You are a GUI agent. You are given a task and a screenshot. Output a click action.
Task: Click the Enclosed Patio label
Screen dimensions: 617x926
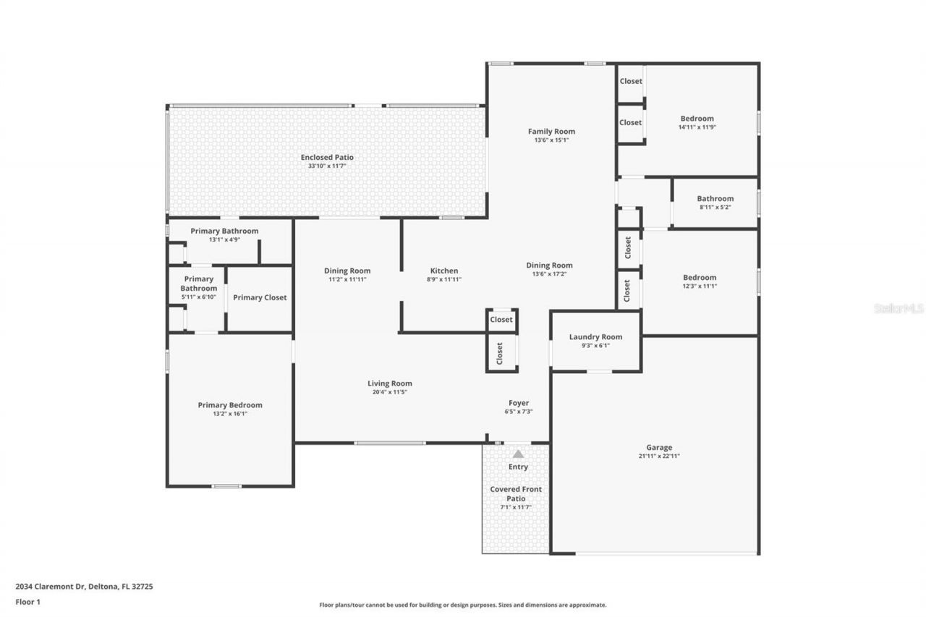[327, 157]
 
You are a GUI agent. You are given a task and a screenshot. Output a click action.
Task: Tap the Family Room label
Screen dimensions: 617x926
[551, 132]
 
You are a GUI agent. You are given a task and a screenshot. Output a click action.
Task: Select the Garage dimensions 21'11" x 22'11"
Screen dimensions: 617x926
[659, 456]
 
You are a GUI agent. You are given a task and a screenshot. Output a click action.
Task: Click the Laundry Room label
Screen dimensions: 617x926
[595, 337]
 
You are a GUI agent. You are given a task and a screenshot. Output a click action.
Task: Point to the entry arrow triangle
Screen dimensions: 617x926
[518, 454]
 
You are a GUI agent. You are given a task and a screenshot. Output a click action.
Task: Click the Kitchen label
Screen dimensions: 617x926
[443, 271]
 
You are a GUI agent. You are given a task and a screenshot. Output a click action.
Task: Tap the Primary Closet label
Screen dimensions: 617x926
[260, 297]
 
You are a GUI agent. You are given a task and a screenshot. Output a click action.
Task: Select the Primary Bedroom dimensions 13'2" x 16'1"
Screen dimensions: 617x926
[230, 414]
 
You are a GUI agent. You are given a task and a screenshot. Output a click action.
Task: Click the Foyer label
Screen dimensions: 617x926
[518, 403]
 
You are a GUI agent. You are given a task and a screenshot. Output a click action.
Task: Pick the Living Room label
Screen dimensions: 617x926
[389, 383]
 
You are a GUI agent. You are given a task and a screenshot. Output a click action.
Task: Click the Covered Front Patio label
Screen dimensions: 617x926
[516, 494]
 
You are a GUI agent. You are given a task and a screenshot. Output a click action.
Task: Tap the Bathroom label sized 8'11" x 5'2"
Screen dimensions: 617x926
[715, 199]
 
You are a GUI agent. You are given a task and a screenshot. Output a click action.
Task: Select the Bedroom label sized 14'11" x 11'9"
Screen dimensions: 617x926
[697, 119]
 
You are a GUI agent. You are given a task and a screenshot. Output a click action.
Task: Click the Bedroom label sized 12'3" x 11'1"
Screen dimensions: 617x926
[700, 278]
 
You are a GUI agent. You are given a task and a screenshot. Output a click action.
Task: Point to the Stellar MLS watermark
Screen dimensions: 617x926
[899, 308]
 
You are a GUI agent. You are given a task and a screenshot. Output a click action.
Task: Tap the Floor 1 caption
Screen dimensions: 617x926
[27, 601]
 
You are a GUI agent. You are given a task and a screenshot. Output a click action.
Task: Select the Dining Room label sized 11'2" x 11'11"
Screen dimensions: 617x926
[347, 271]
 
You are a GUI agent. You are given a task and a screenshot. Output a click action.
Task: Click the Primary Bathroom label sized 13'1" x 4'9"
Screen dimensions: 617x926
[224, 231]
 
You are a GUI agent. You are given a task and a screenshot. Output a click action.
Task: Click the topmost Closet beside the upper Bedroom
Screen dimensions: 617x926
[630, 81]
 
